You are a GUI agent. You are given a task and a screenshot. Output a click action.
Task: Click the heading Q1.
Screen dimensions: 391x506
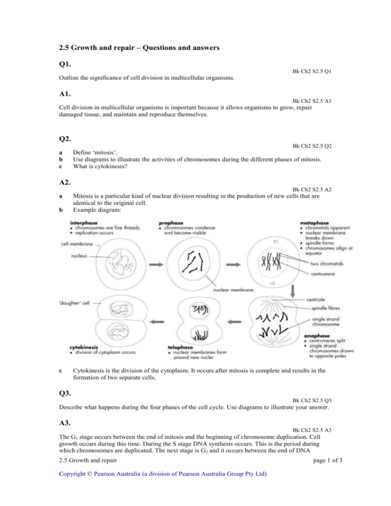pyautogui.click(x=65, y=64)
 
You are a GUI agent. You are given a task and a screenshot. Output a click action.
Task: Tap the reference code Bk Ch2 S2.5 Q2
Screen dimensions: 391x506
pyautogui.click(x=312, y=146)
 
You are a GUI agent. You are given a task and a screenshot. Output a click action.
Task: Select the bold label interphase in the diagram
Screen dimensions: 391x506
pyautogui.click(x=83, y=222)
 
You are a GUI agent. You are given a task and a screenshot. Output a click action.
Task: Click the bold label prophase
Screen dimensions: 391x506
pyautogui.click(x=171, y=222)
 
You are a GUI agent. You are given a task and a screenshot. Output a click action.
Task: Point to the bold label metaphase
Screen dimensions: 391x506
pyautogui.click(x=314, y=222)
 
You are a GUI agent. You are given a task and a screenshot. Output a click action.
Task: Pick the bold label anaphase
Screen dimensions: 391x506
pyautogui.click(x=317, y=335)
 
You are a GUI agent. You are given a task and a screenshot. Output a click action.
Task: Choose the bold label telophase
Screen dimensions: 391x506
pyautogui.click(x=180, y=347)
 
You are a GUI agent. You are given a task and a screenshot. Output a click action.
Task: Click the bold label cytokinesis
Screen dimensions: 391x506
pyautogui.click(x=83, y=347)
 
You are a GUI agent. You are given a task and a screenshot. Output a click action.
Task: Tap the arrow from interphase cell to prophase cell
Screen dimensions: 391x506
pyautogui.click(x=156, y=265)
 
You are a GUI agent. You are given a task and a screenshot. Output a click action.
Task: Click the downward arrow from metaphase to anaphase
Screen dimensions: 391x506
pyautogui.click(x=293, y=291)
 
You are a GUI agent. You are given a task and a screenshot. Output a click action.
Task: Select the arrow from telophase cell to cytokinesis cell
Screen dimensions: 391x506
pyautogui.click(x=157, y=322)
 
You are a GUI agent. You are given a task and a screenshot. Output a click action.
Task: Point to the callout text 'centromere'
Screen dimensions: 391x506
pyautogui.click(x=323, y=274)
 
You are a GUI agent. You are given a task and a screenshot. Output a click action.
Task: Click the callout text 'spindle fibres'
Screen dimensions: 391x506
pyautogui.click(x=325, y=308)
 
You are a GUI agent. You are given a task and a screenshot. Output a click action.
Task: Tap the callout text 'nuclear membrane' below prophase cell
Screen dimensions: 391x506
pyautogui.click(x=233, y=290)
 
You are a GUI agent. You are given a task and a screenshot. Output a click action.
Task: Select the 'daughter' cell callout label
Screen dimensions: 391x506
pyautogui.click(x=74, y=303)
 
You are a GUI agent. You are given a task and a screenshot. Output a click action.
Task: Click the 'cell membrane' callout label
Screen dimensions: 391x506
pyautogui.click(x=77, y=244)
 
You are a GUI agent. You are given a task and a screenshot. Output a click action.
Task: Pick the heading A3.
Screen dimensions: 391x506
pyautogui.click(x=65, y=423)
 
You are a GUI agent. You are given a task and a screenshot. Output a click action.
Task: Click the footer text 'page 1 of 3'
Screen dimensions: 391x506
pyautogui.click(x=328, y=460)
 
